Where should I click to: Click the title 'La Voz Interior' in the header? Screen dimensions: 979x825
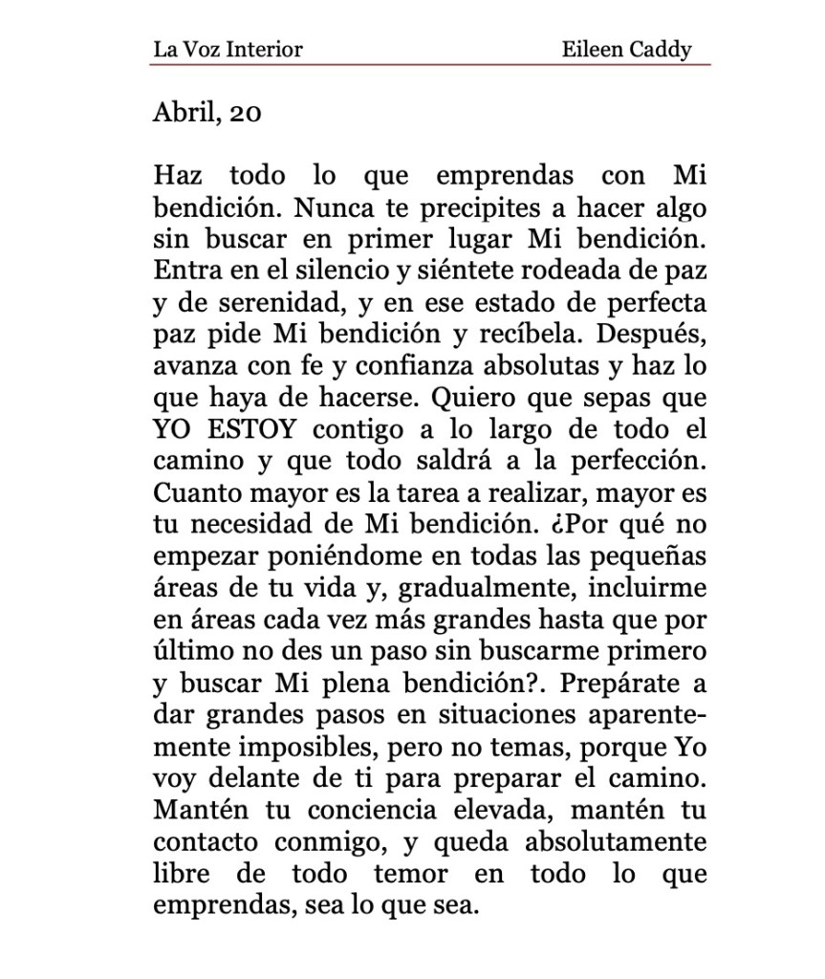(228, 49)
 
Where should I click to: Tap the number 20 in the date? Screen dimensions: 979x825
(246, 114)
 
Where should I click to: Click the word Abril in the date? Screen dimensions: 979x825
(183, 114)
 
